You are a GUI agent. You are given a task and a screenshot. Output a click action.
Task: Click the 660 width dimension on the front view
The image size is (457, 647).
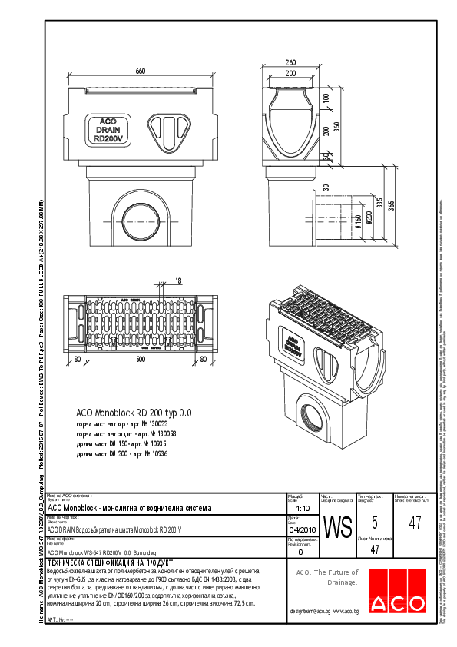[141, 71]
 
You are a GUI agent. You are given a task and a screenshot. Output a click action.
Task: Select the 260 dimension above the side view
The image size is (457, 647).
[290, 62]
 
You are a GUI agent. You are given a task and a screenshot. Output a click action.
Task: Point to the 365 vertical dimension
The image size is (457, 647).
[391, 207]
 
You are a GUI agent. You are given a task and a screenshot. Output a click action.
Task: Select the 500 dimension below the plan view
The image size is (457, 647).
[139, 358]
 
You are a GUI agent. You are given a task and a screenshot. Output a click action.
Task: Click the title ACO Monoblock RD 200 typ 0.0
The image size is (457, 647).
[134, 413]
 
